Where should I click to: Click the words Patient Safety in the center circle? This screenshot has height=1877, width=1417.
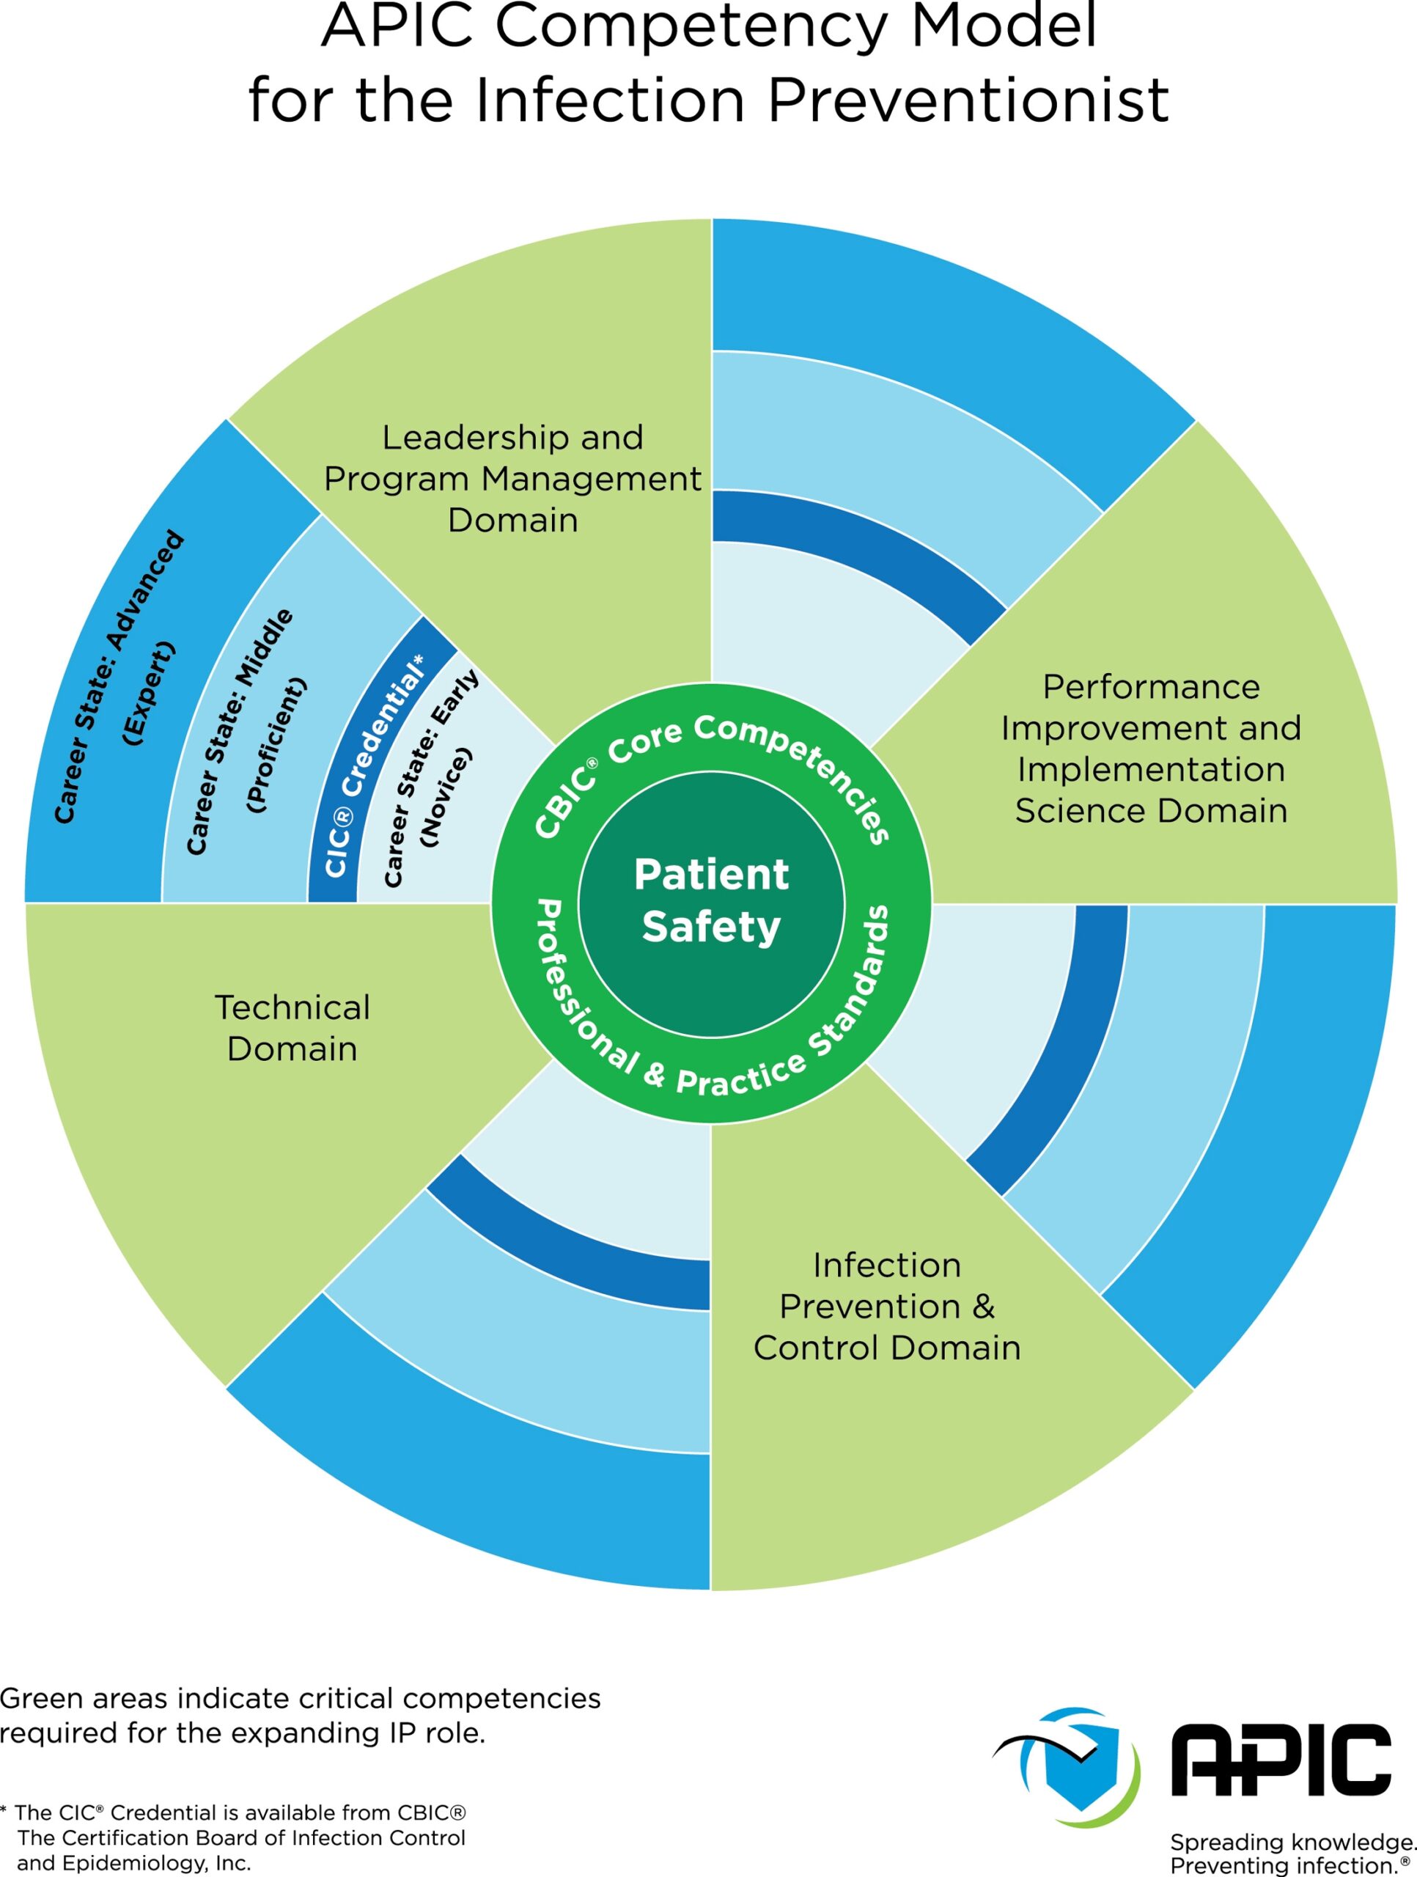click(711, 900)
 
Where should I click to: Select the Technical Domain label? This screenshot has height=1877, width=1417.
click(292, 1028)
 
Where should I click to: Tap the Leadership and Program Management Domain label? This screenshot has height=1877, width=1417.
click(512, 479)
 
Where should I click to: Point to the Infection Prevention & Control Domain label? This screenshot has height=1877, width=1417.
click(887, 1306)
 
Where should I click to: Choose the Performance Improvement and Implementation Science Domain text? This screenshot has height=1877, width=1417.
click(1151, 749)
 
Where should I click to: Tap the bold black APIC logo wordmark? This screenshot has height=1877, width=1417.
click(1281, 1760)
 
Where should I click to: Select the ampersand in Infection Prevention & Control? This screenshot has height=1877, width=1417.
click(984, 1307)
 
